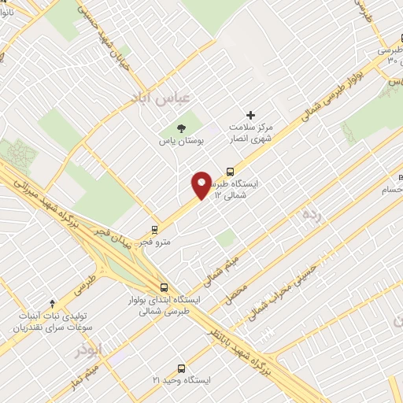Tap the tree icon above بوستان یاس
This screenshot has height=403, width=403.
pos(183,128)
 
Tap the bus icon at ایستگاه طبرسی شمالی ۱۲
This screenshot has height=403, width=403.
pos(231,170)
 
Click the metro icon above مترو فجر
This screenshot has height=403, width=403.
pos(154,230)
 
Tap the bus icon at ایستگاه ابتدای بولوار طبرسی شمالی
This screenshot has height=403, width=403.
pos(164,287)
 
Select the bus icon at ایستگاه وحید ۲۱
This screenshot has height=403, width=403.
pos(182,368)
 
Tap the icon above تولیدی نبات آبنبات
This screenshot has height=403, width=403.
pos(52,301)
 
